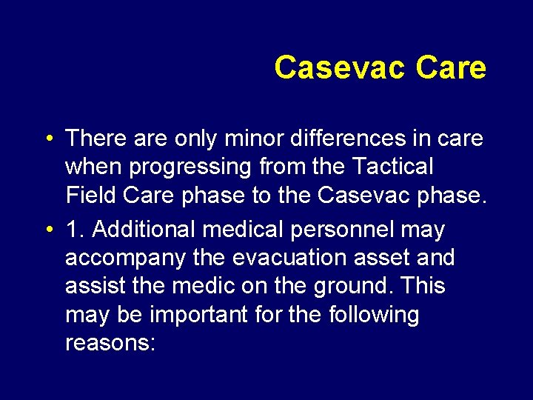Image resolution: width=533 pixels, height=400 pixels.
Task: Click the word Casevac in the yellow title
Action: coord(340,67)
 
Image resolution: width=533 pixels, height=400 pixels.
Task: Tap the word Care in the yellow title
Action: coord(451,67)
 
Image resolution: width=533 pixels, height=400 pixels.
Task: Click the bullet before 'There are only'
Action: coord(50,139)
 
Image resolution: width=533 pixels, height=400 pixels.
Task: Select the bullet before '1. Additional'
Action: coord(50,229)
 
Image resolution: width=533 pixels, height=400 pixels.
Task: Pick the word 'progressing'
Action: coord(190,167)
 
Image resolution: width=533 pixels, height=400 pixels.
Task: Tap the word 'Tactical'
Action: coord(392,166)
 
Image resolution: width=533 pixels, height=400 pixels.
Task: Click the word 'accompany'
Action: coord(125,259)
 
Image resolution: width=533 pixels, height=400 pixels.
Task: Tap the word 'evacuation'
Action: coord(289,257)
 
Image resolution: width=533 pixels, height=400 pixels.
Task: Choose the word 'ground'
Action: coord(350,287)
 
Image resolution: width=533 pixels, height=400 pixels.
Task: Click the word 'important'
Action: coord(198,315)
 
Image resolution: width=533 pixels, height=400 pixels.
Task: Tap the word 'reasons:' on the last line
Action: coord(110,343)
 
